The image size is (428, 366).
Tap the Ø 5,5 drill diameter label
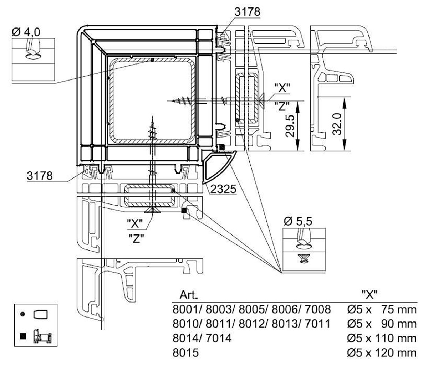click(x=298, y=222)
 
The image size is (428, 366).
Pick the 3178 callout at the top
click(x=247, y=11)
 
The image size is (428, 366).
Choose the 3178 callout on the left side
click(x=40, y=176)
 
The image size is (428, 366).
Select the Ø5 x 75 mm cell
click(x=382, y=309)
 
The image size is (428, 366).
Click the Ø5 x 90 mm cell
click(x=382, y=324)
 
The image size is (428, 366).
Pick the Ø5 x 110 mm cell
click(x=382, y=338)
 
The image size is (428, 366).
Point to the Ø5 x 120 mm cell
click(x=382, y=353)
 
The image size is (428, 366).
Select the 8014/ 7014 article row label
click(x=202, y=338)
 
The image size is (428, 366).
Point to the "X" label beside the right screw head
click(x=282, y=87)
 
